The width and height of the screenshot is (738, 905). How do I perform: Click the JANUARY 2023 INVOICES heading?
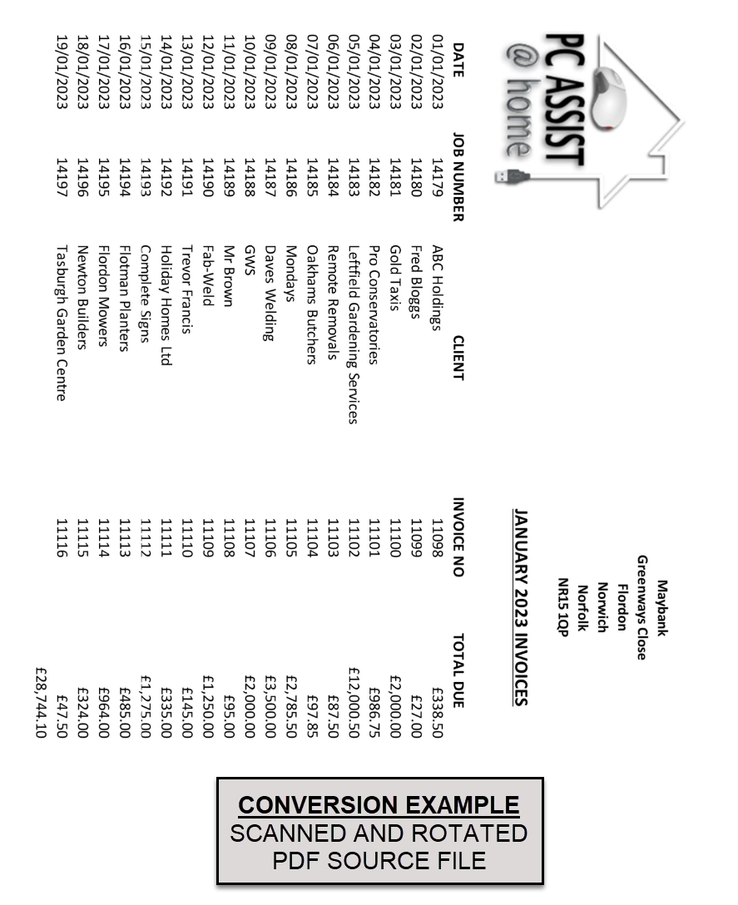520,607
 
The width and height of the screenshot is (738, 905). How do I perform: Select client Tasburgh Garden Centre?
62,322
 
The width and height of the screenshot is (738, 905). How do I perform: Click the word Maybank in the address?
662,608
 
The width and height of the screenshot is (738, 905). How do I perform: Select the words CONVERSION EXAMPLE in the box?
379,805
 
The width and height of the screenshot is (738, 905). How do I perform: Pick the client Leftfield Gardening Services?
354,334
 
